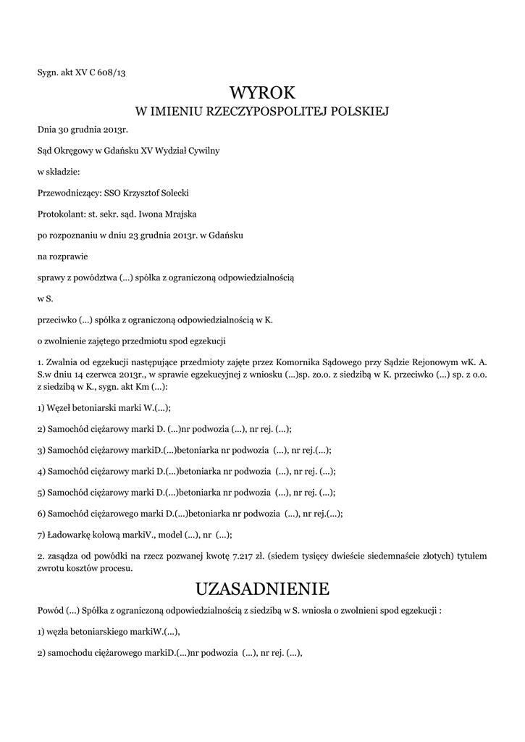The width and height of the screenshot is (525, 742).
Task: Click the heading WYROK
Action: [x=262, y=93]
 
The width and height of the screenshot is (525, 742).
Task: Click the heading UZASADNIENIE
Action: [x=262, y=587]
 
